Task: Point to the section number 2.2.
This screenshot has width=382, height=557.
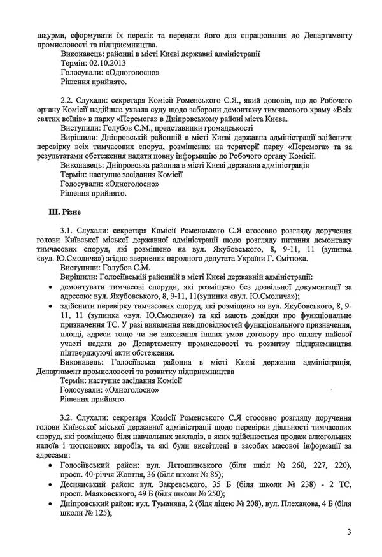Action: (67, 101)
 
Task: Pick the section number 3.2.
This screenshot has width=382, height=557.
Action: (67, 416)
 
